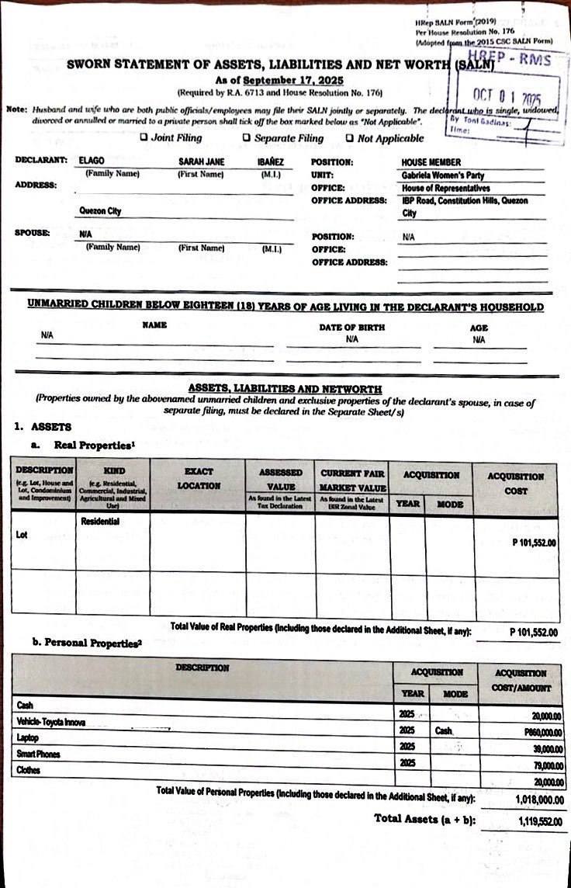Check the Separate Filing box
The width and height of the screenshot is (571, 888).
247,138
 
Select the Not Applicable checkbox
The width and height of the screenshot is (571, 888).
350,138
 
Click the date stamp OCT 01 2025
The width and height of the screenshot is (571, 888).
507,98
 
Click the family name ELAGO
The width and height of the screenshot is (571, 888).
93,161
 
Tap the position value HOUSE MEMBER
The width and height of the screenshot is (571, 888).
431,162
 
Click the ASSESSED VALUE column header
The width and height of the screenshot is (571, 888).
280,477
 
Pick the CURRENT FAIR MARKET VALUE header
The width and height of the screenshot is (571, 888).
352,477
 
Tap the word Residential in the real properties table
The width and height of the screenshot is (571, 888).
100,522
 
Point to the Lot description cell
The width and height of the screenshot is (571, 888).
22,535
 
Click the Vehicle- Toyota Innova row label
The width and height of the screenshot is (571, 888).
51,722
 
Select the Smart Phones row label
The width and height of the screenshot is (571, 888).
38,754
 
